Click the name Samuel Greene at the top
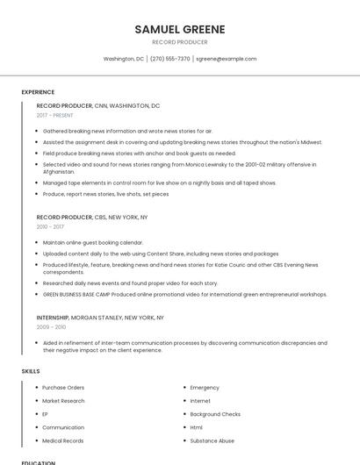click(x=180, y=29)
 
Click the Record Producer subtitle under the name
click(x=180, y=42)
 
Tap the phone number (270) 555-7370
click(x=169, y=59)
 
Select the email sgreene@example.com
click(x=227, y=59)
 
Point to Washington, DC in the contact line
click(x=124, y=59)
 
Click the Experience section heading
click(x=38, y=92)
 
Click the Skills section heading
click(x=31, y=371)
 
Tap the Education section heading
click(x=39, y=461)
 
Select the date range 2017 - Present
click(x=55, y=116)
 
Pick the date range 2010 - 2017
click(x=50, y=226)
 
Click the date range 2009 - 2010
click(x=50, y=327)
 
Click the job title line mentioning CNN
click(x=98, y=105)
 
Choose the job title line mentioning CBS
click(x=92, y=217)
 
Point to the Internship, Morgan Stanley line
click(x=100, y=317)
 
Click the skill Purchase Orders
click(x=63, y=387)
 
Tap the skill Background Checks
click(x=215, y=414)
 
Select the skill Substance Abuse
click(x=212, y=440)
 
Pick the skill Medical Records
click(x=63, y=440)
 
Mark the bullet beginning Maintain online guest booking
click(x=92, y=242)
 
